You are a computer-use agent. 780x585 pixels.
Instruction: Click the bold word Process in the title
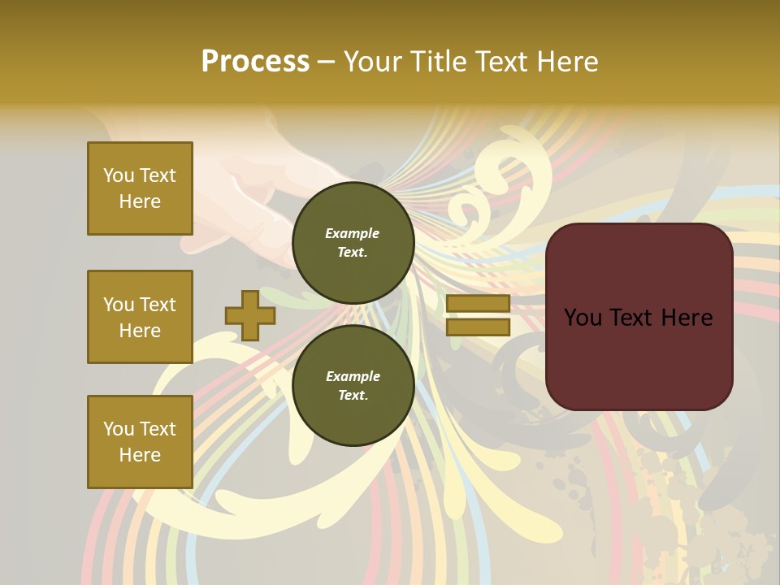coord(255,62)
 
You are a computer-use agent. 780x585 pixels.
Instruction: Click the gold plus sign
coord(250,316)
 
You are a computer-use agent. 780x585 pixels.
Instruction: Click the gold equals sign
coord(478,315)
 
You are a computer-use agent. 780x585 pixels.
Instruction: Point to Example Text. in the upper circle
coord(353,242)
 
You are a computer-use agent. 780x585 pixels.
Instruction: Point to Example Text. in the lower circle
coord(353,385)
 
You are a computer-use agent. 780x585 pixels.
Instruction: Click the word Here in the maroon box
coord(687,318)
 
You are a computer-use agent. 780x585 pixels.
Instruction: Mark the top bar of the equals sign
coord(478,304)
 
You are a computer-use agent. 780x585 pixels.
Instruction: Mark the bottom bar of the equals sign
coord(478,327)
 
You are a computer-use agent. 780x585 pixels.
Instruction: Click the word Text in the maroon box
coord(631,318)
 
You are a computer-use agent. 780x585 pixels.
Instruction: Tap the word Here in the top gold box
coord(140,201)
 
